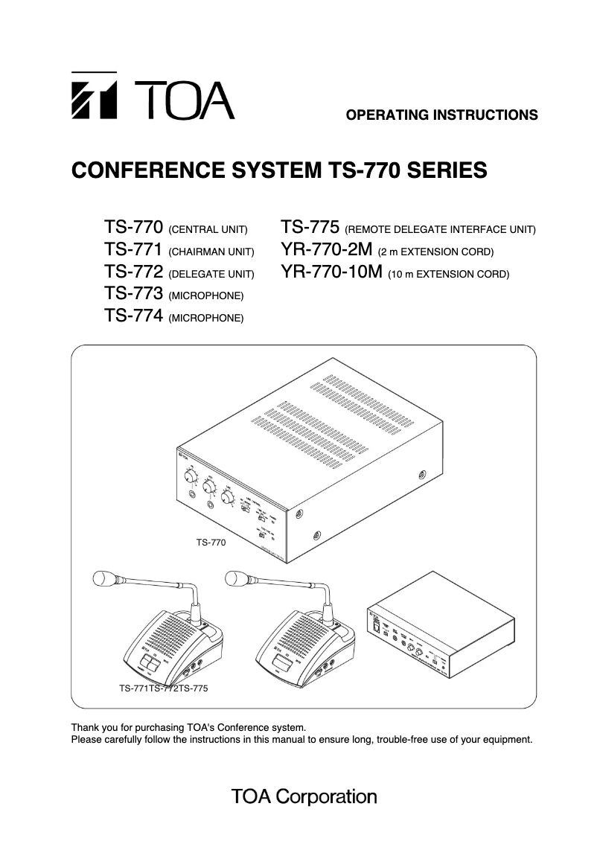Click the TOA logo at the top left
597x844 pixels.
tap(152, 97)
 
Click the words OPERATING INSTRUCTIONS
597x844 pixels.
tap(442, 115)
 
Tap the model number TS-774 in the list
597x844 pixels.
tap(134, 316)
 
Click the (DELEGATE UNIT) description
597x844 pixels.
tap(211, 275)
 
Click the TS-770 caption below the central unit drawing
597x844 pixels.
tap(211, 543)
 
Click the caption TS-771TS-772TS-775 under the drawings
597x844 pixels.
tap(163, 688)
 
